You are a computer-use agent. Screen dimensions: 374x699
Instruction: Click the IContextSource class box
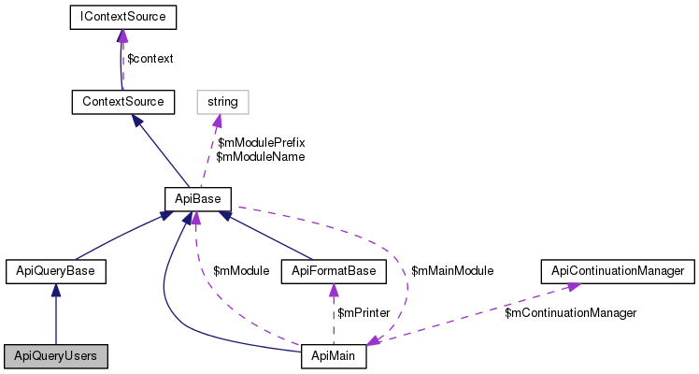point(122,17)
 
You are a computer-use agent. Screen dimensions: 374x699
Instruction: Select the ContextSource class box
point(122,100)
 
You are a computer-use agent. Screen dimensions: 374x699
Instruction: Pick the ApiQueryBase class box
point(55,271)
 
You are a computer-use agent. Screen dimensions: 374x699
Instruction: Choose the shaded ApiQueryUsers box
point(55,356)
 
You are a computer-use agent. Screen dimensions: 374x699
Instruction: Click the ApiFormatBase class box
point(334,271)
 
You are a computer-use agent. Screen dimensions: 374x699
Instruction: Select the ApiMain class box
point(334,356)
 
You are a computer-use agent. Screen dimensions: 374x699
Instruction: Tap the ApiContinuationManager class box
point(618,271)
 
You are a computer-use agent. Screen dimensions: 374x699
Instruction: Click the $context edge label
point(150,58)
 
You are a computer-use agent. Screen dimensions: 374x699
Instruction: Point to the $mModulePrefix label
point(261,142)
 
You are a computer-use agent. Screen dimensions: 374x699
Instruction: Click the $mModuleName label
point(261,157)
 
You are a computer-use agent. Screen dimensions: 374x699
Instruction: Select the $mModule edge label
point(241,270)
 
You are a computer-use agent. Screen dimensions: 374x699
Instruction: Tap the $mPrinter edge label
point(364,312)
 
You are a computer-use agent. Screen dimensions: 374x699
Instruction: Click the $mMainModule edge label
point(452,270)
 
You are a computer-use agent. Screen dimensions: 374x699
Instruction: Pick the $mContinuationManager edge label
point(570,312)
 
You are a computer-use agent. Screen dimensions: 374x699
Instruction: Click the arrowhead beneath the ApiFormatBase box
point(333,290)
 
